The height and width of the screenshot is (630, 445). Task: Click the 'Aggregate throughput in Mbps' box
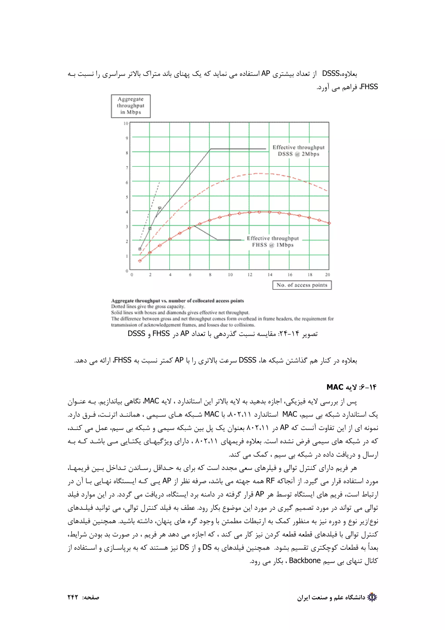[x=131, y=106]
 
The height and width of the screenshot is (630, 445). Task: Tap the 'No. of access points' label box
[x=302, y=285]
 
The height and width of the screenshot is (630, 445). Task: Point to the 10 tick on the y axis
[x=126, y=123]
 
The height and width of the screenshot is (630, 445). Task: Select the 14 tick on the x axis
[x=270, y=275]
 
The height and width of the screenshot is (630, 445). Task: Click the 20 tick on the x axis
[x=327, y=275]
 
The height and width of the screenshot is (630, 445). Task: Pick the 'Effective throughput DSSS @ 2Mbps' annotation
[x=298, y=151]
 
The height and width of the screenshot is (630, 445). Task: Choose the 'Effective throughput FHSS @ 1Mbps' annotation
[x=273, y=242]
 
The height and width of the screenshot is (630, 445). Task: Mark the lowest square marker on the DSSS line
[x=140, y=249]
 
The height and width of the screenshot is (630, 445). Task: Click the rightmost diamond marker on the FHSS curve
[x=329, y=223]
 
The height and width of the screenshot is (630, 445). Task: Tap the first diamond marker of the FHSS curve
[x=140, y=261]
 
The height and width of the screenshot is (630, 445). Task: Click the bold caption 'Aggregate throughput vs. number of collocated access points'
[x=177, y=301]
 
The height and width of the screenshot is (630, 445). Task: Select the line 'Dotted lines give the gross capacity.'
[x=148, y=307]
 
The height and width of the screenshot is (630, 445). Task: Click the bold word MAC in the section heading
[x=335, y=387]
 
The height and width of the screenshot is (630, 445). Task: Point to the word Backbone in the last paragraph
[x=305, y=561]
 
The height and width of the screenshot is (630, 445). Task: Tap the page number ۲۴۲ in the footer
[x=73, y=597]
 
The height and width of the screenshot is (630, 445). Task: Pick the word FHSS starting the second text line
[x=369, y=87]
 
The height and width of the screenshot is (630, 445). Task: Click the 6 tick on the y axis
[x=127, y=182]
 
